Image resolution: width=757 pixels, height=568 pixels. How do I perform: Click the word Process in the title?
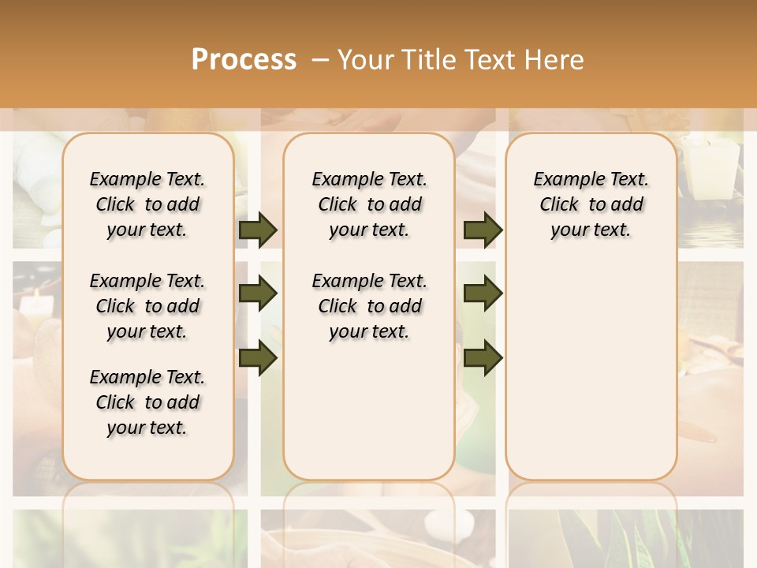click(244, 60)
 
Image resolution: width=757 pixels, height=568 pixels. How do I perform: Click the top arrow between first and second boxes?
click(258, 230)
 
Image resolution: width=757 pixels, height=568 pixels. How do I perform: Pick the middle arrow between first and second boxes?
click(258, 293)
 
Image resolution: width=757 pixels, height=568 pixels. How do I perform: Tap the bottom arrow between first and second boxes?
click(258, 357)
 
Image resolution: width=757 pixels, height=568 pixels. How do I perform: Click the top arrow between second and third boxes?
click(483, 230)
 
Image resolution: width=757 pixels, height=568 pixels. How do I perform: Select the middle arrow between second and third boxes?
click(483, 293)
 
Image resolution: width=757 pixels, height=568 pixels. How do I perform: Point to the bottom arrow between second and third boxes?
click(483, 357)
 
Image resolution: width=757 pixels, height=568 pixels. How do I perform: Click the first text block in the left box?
click(147, 204)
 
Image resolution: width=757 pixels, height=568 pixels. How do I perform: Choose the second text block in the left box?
click(147, 306)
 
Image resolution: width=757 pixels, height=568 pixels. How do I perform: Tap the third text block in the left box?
click(147, 402)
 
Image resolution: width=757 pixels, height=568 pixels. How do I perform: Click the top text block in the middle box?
click(369, 204)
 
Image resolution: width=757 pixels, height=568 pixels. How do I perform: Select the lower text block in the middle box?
click(369, 306)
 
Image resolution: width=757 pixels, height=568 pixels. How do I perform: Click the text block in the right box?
click(591, 204)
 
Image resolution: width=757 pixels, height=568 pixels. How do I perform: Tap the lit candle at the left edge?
click(35, 304)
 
